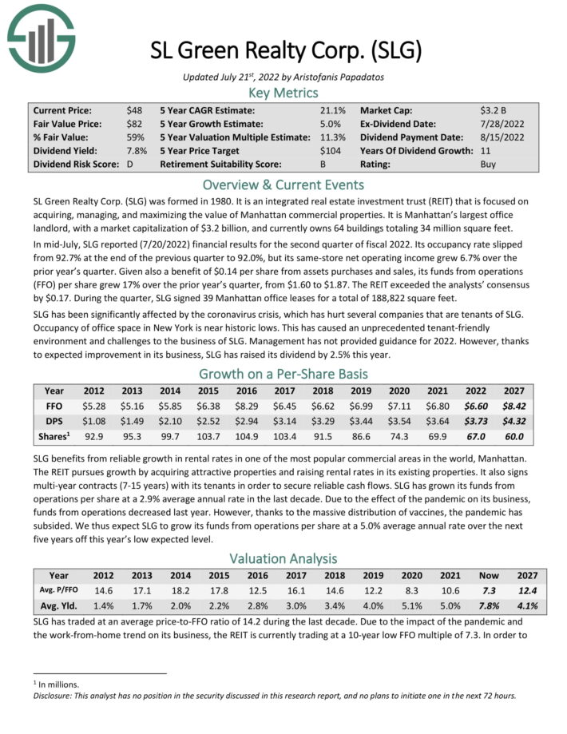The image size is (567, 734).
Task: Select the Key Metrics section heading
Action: click(283, 93)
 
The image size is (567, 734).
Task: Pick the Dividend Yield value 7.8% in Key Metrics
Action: click(137, 151)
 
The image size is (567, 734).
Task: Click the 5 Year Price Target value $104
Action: click(330, 151)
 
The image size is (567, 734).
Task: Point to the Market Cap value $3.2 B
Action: click(494, 110)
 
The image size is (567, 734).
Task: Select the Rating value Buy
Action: click(488, 165)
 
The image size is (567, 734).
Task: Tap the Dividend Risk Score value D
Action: click(129, 165)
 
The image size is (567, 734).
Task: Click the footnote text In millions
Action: click(54, 684)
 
